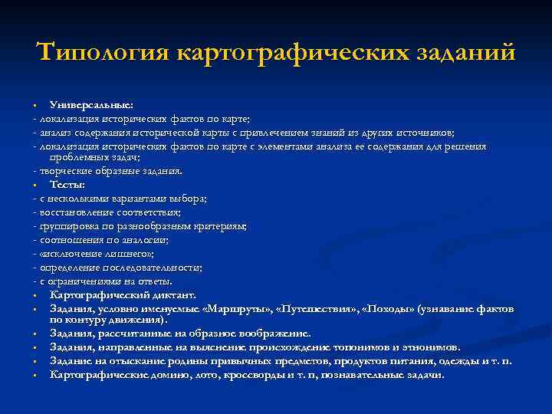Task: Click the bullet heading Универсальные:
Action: click(x=91, y=103)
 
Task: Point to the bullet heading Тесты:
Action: click(x=67, y=185)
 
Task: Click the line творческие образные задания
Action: click(x=110, y=171)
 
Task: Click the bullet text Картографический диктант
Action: click(x=123, y=294)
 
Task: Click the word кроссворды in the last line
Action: click(x=241, y=375)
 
